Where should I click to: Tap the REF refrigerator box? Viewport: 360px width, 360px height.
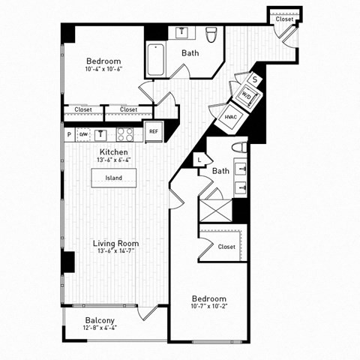click(154, 131)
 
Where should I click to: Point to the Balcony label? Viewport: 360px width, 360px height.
click(100, 320)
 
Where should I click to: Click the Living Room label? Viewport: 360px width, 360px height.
click(115, 243)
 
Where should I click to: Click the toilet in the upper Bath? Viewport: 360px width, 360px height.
click(211, 34)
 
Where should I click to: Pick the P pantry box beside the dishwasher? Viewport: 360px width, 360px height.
click(69, 135)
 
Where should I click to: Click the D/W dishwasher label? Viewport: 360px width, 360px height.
click(83, 135)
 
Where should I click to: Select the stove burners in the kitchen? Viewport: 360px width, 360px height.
click(125, 135)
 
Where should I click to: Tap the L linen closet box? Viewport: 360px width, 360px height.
click(199, 158)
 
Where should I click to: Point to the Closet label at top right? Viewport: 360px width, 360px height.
click(284, 19)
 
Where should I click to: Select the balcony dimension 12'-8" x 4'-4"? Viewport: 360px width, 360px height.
click(100, 328)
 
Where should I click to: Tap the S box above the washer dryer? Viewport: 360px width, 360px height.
click(255, 78)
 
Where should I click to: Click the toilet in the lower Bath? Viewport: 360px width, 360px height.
click(240, 146)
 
